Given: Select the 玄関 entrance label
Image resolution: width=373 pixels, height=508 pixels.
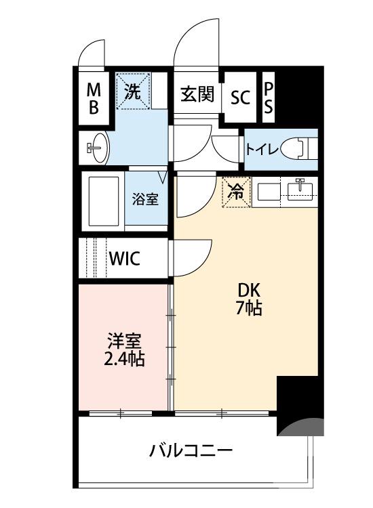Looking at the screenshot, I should coord(197,95).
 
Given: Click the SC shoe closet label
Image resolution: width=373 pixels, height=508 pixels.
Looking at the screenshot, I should coord(240,97).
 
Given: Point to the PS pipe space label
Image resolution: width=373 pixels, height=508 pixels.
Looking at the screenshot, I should coord(269,98).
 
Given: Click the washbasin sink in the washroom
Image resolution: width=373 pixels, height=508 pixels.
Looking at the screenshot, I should coord(98,147).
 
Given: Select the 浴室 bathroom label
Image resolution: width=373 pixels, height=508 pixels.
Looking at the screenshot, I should coord(145,200).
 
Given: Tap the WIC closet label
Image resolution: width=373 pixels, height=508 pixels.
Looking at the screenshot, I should coord(125,258).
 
